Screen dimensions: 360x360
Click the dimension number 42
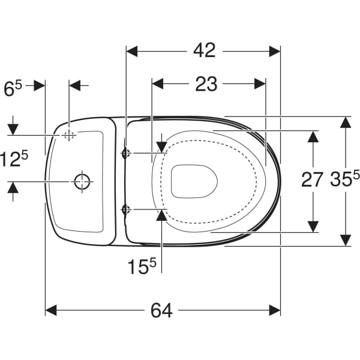pos(205,50)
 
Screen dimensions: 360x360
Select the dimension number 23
pos(206,84)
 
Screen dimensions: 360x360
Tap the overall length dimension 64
pos(161,310)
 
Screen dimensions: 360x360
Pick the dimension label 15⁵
pos(142,266)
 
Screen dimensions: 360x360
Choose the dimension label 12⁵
pos(14,158)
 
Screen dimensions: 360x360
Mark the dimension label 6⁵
pos(13,88)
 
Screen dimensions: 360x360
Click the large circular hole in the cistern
pos(82,181)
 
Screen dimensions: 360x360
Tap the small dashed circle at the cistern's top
pos(69,135)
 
